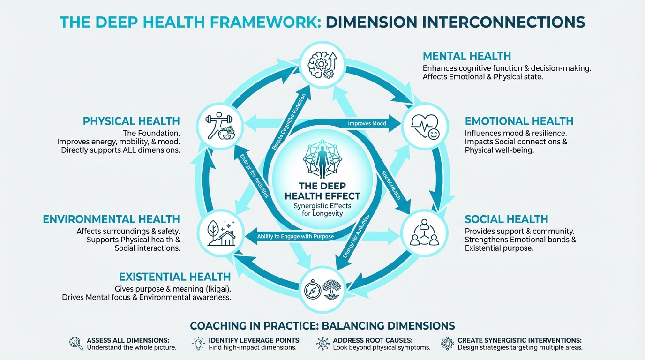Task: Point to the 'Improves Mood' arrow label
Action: pos(367,124)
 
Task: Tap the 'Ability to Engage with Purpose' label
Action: pos(295,236)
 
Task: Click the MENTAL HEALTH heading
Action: pos(466,56)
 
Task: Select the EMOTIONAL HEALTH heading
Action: pos(519,121)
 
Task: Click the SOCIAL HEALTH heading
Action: pos(506,219)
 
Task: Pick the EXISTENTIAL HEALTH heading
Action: pos(175,277)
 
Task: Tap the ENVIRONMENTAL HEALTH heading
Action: pos(111,219)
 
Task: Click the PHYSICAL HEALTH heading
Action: pos(131,121)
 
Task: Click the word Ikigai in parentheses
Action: pos(217,289)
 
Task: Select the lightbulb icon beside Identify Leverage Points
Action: pos(198,344)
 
